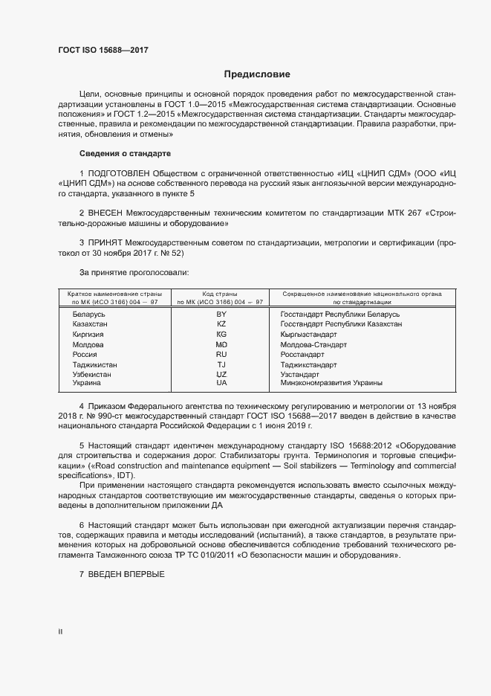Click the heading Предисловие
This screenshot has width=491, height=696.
pos(258,74)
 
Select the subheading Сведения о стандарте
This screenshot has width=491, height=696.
pos(125,154)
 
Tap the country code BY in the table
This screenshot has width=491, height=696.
pos(221,315)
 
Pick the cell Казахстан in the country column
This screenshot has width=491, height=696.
pos(90,325)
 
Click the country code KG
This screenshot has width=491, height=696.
pos(221,335)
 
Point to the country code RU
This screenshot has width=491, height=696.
pos(221,355)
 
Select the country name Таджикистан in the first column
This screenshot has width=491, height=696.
pos(94,365)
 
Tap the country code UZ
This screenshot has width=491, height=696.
pos(221,375)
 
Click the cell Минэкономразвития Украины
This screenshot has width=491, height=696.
pos(331,383)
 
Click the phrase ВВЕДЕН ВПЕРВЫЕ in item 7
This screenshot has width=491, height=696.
pos(126,576)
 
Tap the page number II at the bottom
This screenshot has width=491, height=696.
pos(60,632)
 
